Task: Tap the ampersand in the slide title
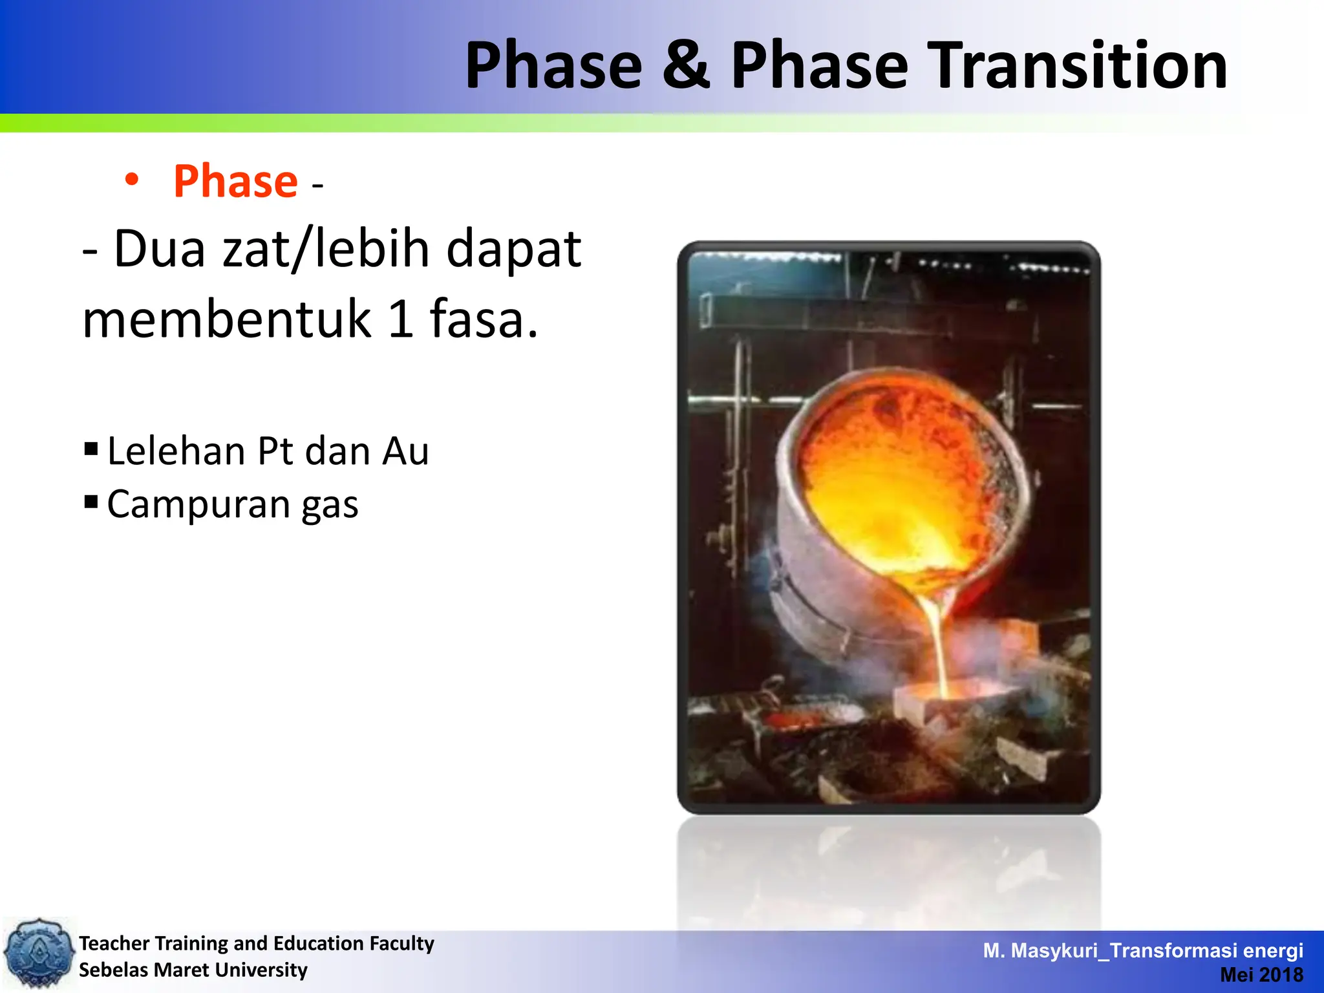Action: [687, 65]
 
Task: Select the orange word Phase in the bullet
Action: [235, 182]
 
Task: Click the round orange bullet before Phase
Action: [132, 180]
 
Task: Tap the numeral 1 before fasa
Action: [401, 319]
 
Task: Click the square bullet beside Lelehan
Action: [91, 448]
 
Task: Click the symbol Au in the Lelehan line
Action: [405, 451]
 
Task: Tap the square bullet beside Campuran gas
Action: [91, 501]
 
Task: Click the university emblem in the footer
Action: [39, 953]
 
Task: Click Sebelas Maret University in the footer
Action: [193, 970]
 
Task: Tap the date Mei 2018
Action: [1261, 974]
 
